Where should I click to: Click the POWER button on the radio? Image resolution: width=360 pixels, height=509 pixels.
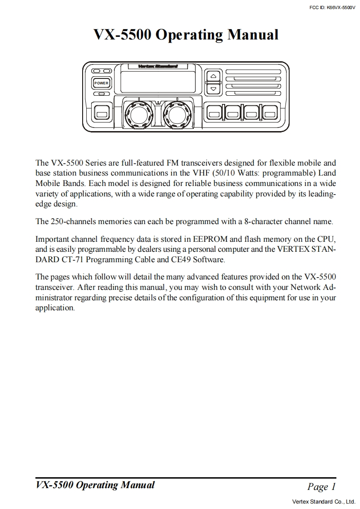101,83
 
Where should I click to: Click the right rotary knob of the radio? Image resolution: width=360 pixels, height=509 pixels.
177,114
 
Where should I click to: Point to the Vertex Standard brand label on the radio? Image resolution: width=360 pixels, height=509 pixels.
158,66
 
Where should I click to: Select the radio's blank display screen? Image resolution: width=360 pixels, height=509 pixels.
158,82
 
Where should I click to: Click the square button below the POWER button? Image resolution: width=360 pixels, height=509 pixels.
101,113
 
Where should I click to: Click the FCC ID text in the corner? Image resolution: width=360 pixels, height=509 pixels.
331,8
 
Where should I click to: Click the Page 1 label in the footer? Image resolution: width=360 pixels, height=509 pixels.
321,487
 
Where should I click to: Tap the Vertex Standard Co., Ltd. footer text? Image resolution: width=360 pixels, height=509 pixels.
323,502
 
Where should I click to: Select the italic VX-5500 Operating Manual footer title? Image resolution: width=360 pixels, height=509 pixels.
95,485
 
